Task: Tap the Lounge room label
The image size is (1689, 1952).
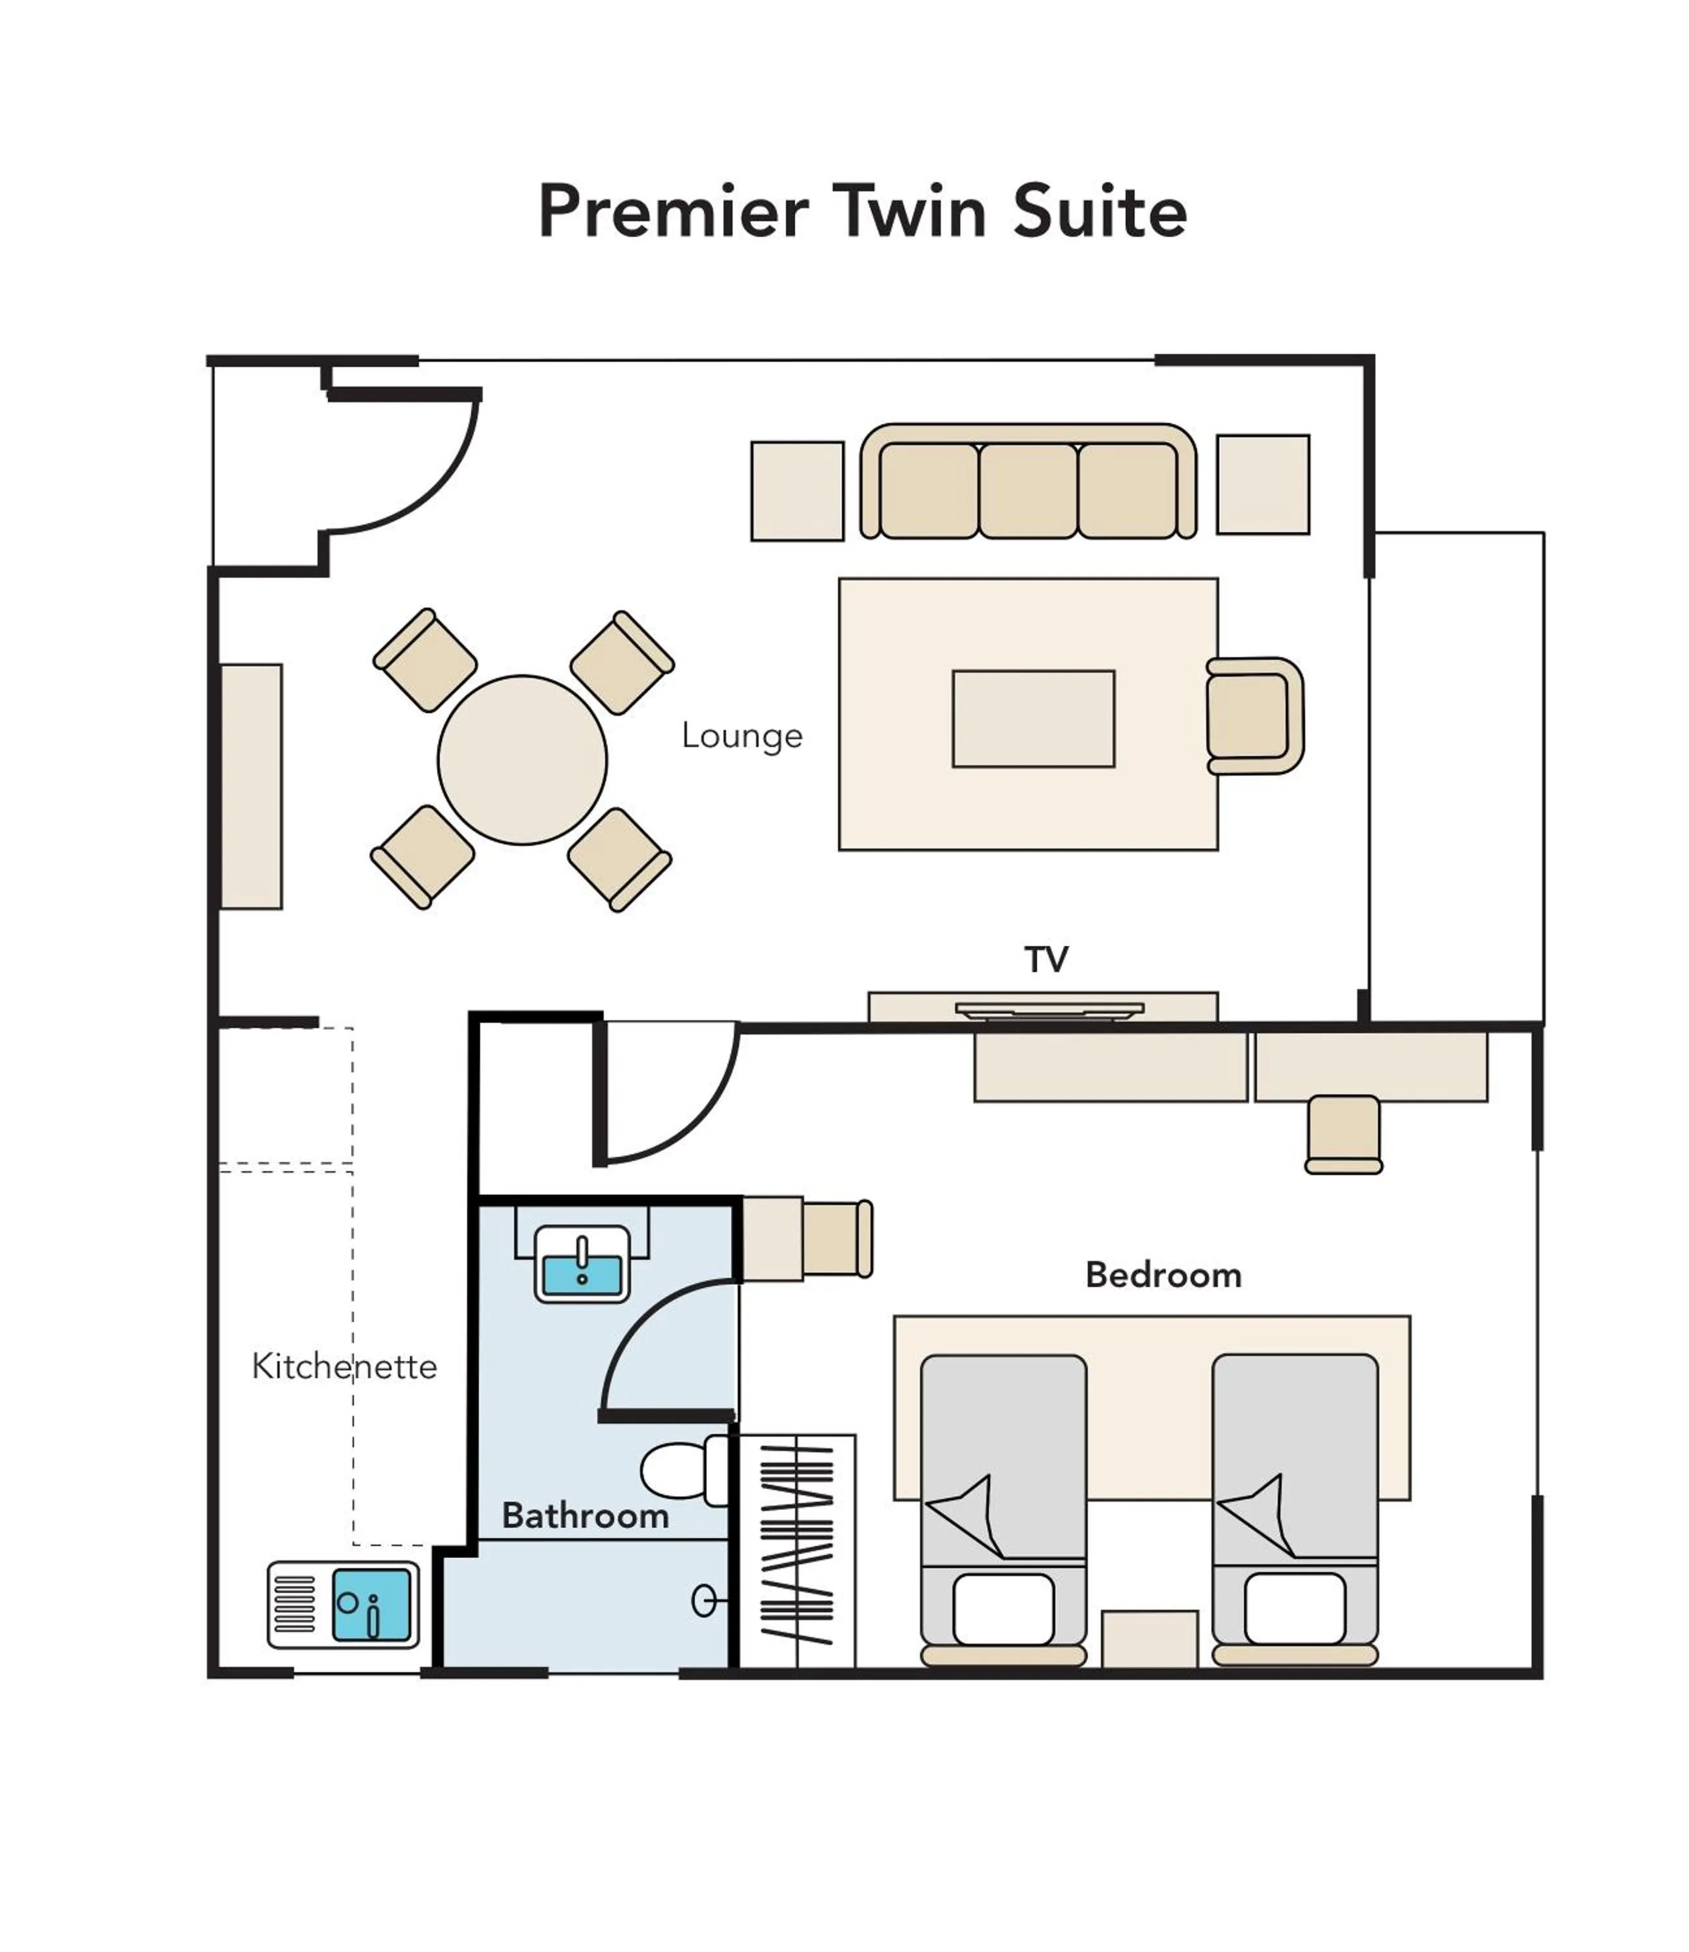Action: pyautogui.click(x=742, y=736)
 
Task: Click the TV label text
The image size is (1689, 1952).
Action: pyautogui.click(x=1046, y=960)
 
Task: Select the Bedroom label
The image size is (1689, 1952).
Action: pyautogui.click(x=1163, y=1275)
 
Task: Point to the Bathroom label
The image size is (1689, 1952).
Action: pyautogui.click(x=586, y=1515)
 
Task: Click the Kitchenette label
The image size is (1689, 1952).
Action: pyautogui.click(x=344, y=1366)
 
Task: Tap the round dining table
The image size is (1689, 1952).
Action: pyautogui.click(x=522, y=760)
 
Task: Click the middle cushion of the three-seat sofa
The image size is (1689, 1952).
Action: pyautogui.click(x=1027, y=490)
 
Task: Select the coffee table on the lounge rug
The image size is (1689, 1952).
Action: pyautogui.click(x=1033, y=718)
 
